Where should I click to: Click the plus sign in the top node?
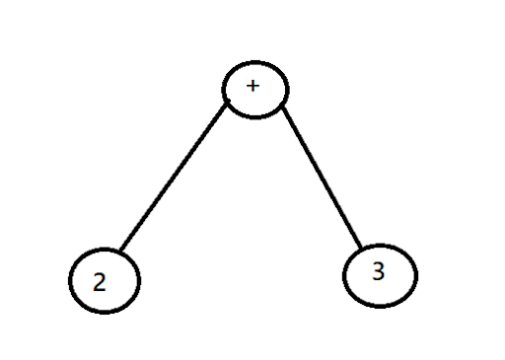pos(252,86)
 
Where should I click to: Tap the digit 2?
pos(100,282)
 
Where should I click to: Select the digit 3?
pos(379,271)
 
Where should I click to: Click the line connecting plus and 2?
pos(174,178)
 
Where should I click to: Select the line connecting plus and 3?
pos(323,177)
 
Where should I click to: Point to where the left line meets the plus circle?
pos(227,104)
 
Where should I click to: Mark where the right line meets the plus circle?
pos(283,108)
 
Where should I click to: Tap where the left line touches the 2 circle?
pos(121,251)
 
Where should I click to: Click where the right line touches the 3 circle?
pos(361,248)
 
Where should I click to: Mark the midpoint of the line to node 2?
pos(174,178)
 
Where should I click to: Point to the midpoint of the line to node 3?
pos(323,177)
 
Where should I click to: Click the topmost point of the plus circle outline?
pos(255,62)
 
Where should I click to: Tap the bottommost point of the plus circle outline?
pos(255,117)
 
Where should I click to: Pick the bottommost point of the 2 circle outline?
pos(105,313)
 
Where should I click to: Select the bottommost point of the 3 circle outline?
pos(381,307)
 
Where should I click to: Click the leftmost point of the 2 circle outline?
pos(70,280)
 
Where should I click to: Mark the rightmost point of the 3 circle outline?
pos(417,276)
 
